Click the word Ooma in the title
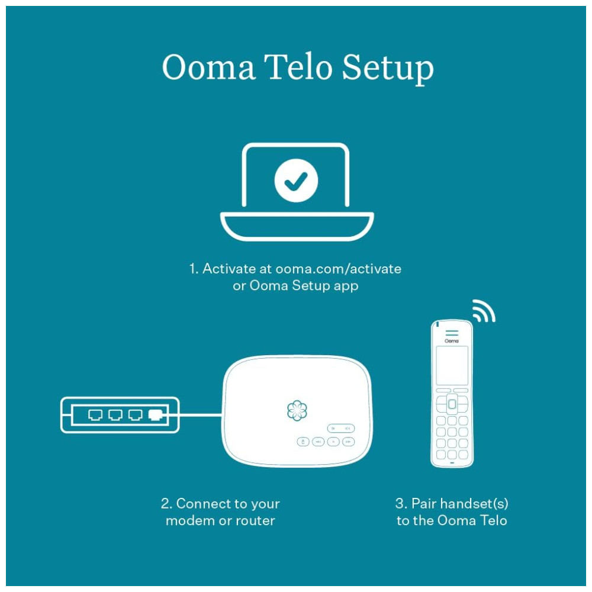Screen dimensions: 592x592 point(208,67)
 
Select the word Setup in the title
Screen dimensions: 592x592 point(388,69)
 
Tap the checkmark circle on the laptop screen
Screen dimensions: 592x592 point(296,181)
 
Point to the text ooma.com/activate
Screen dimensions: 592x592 point(338,269)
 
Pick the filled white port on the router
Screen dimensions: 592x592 point(156,415)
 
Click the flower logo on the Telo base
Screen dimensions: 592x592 point(297,410)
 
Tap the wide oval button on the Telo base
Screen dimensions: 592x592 point(340,428)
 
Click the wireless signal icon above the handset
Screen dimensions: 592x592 point(484,311)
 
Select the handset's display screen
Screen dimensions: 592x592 point(452,365)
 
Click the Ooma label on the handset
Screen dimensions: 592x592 point(452,341)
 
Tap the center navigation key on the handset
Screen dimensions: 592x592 point(452,404)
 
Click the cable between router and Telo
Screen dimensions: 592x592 point(200,416)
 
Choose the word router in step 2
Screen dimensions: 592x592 point(255,520)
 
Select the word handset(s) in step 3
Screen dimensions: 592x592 point(474,504)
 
